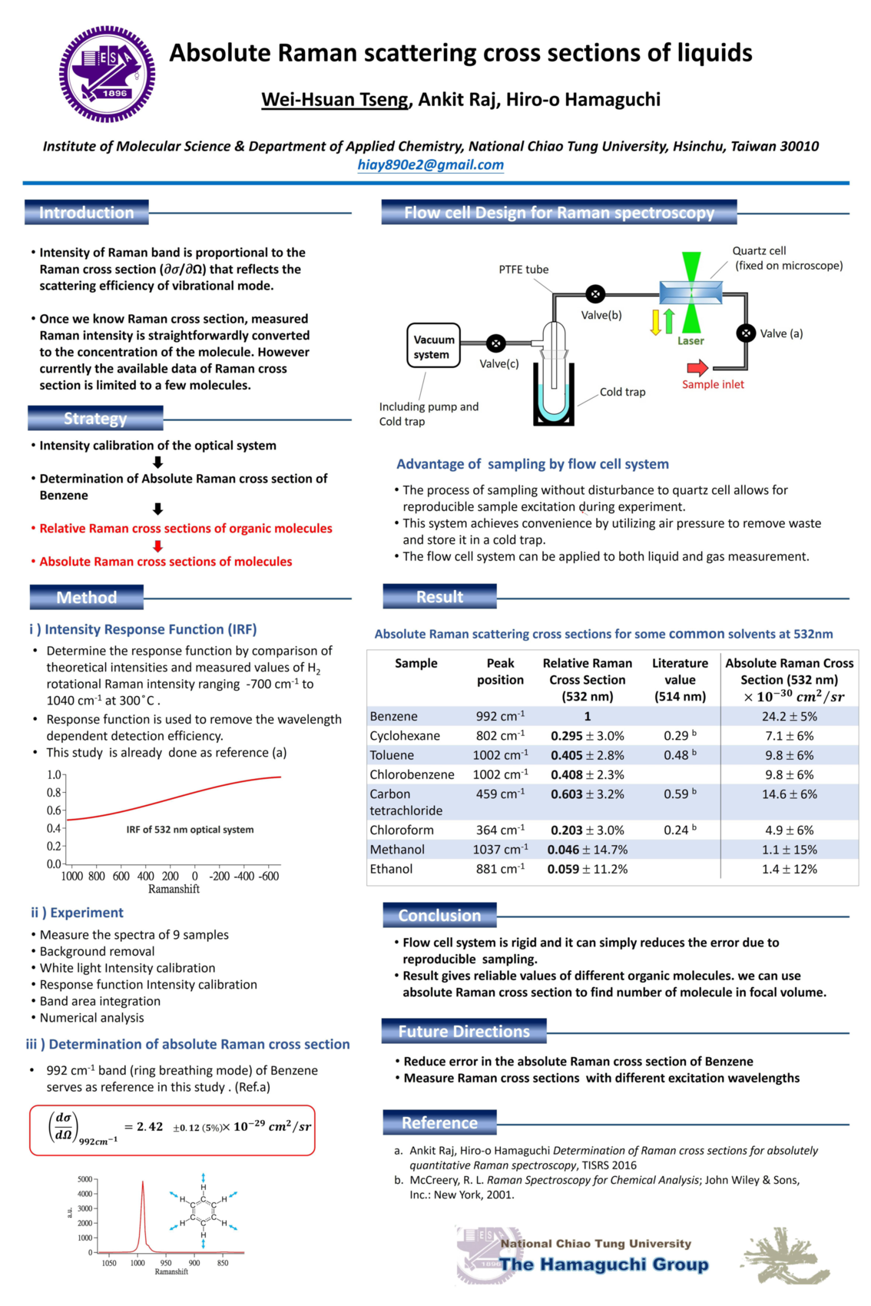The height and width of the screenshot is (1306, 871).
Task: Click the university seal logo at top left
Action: click(x=107, y=74)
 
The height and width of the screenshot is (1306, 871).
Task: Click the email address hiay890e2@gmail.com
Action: click(x=430, y=164)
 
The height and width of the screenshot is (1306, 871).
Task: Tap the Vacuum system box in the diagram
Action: click(x=433, y=346)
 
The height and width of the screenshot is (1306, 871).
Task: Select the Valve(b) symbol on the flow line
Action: click(x=595, y=293)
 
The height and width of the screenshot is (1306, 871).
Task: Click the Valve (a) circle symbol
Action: click(x=745, y=333)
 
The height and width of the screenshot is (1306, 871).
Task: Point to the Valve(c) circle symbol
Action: click(x=496, y=343)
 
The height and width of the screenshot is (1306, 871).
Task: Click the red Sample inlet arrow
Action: click(x=697, y=368)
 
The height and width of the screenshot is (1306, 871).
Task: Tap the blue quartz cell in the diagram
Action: click(x=691, y=293)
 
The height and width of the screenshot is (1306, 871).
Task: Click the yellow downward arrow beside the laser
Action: click(x=655, y=322)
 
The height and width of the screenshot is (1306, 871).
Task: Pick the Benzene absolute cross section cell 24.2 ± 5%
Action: click(x=789, y=716)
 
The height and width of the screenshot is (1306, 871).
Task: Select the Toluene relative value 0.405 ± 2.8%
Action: click(x=587, y=755)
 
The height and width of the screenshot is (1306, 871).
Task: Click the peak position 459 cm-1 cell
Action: click(x=500, y=794)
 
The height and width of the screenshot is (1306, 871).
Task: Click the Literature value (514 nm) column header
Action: click(x=680, y=680)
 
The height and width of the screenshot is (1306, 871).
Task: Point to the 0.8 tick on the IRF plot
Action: click(x=55, y=793)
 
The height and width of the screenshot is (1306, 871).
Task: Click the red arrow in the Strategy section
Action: click(x=158, y=546)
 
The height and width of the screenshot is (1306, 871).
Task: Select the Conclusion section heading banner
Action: click(x=439, y=915)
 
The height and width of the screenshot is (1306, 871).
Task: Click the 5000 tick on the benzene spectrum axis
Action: click(x=85, y=1179)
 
